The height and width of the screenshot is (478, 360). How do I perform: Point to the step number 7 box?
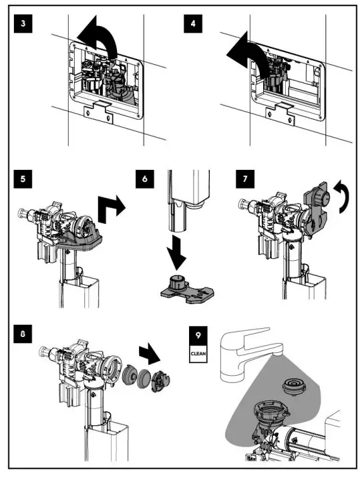point(246,179)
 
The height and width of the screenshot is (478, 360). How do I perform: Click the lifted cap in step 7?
point(317,201)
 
